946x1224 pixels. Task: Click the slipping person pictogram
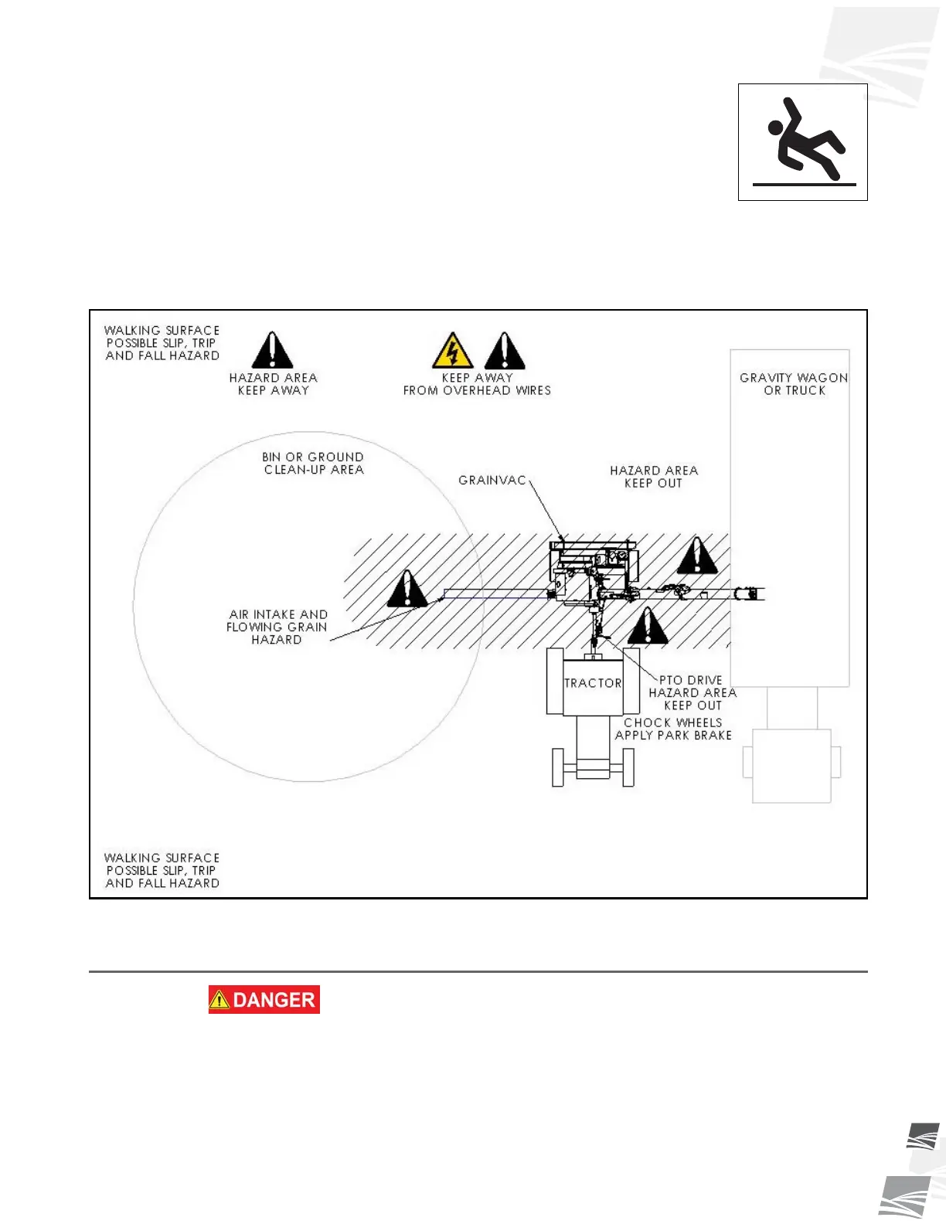click(x=803, y=142)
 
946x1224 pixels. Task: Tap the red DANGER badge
click(x=264, y=999)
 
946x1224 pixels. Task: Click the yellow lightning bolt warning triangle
click(x=452, y=352)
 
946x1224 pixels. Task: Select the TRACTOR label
click(x=593, y=683)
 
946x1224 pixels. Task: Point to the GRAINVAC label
click(x=492, y=480)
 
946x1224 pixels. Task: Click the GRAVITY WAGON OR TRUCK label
click(x=794, y=384)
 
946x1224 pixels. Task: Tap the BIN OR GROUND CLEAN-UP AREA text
click(x=313, y=463)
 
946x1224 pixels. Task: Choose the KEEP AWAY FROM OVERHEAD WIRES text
click(x=477, y=384)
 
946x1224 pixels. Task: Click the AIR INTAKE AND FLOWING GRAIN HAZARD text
click(x=277, y=627)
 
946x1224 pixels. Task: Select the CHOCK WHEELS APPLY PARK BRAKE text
click(x=673, y=729)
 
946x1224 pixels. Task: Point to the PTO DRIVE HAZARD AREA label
click(x=692, y=692)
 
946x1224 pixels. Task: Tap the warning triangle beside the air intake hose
click(x=407, y=589)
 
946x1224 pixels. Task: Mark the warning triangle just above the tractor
click(x=648, y=626)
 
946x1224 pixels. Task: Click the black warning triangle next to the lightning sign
click(x=505, y=352)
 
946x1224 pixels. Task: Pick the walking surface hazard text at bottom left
click(x=162, y=870)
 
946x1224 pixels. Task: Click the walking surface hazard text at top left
click(x=162, y=342)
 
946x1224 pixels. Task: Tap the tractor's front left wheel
click(x=558, y=767)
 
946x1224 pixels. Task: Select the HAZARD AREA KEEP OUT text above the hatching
click(x=654, y=476)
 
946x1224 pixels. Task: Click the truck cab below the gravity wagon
click(x=791, y=765)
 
